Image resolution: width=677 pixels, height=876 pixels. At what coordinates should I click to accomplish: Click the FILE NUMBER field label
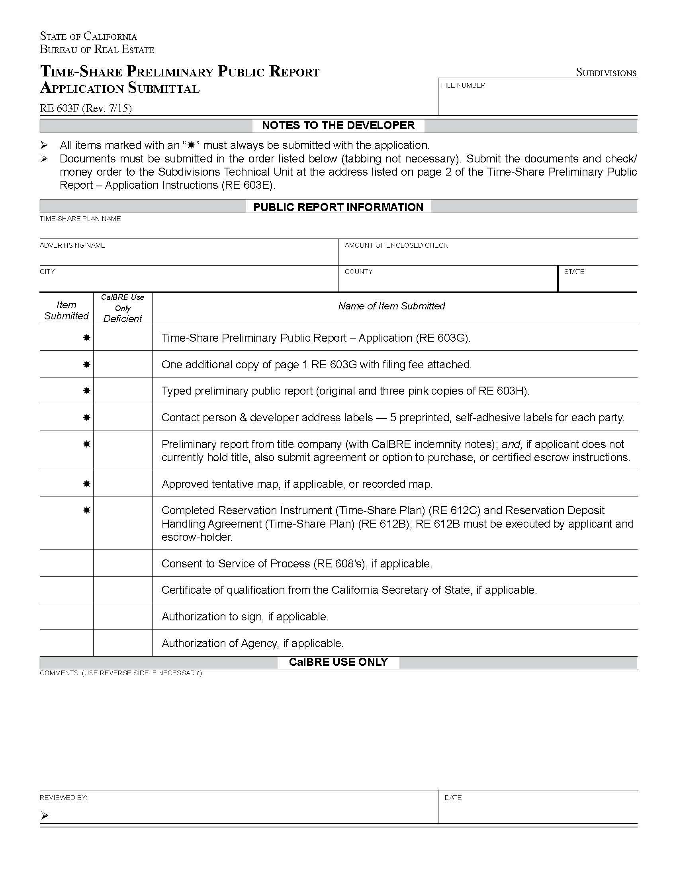pyautogui.click(x=463, y=86)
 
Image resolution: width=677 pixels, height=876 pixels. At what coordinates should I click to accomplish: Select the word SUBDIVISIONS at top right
pyautogui.click(x=606, y=72)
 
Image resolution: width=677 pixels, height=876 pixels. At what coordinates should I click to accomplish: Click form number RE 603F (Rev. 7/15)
pyautogui.click(x=86, y=108)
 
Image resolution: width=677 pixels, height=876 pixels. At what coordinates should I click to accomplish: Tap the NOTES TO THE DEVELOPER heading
pyautogui.click(x=338, y=125)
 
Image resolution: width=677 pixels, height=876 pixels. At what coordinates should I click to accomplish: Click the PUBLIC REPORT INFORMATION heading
pyautogui.click(x=338, y=207)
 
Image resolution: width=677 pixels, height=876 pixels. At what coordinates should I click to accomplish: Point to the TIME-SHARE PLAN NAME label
pyautogui.click(x=80, y=219)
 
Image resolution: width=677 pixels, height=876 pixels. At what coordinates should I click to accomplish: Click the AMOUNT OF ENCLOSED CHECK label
pyautogui.click(x=396, y=245)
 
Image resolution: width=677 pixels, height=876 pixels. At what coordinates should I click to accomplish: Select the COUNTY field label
pyautogui.click(x=358, y=272)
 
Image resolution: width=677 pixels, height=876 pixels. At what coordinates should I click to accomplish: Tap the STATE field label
pyautogui.click(x=574, y=272)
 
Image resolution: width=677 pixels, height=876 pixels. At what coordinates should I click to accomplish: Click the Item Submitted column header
pyautogui.click(x=66, y=310)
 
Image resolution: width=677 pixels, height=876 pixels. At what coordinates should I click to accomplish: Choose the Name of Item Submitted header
pyautogui.click(x=391, y=306)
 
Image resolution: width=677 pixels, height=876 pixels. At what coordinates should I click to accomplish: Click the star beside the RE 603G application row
pyautogui.click(x=86, y=338)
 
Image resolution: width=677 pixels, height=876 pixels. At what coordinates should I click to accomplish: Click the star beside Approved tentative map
pyautogui.click(x=86, y=484)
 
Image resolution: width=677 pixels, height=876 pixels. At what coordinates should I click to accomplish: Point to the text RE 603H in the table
pyautogui.click(x=503, y=391)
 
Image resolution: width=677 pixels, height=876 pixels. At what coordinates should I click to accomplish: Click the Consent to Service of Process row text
pyautogui.click(x=296, y=563)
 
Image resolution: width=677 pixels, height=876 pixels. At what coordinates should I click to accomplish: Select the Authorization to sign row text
pyautogui.click(x=245, y=616)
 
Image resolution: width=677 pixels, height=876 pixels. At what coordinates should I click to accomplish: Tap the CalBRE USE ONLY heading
pyautogui.click(x=338, y=662)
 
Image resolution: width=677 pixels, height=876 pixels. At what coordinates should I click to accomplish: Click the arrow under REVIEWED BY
pyautogui.click(x=44, y=815)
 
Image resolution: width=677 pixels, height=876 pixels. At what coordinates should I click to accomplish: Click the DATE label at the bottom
pyautogui.click(x=453, y=798)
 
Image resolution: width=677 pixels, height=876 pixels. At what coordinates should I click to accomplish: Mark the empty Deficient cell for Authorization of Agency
pyautogui.click(x=123, y=643)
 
